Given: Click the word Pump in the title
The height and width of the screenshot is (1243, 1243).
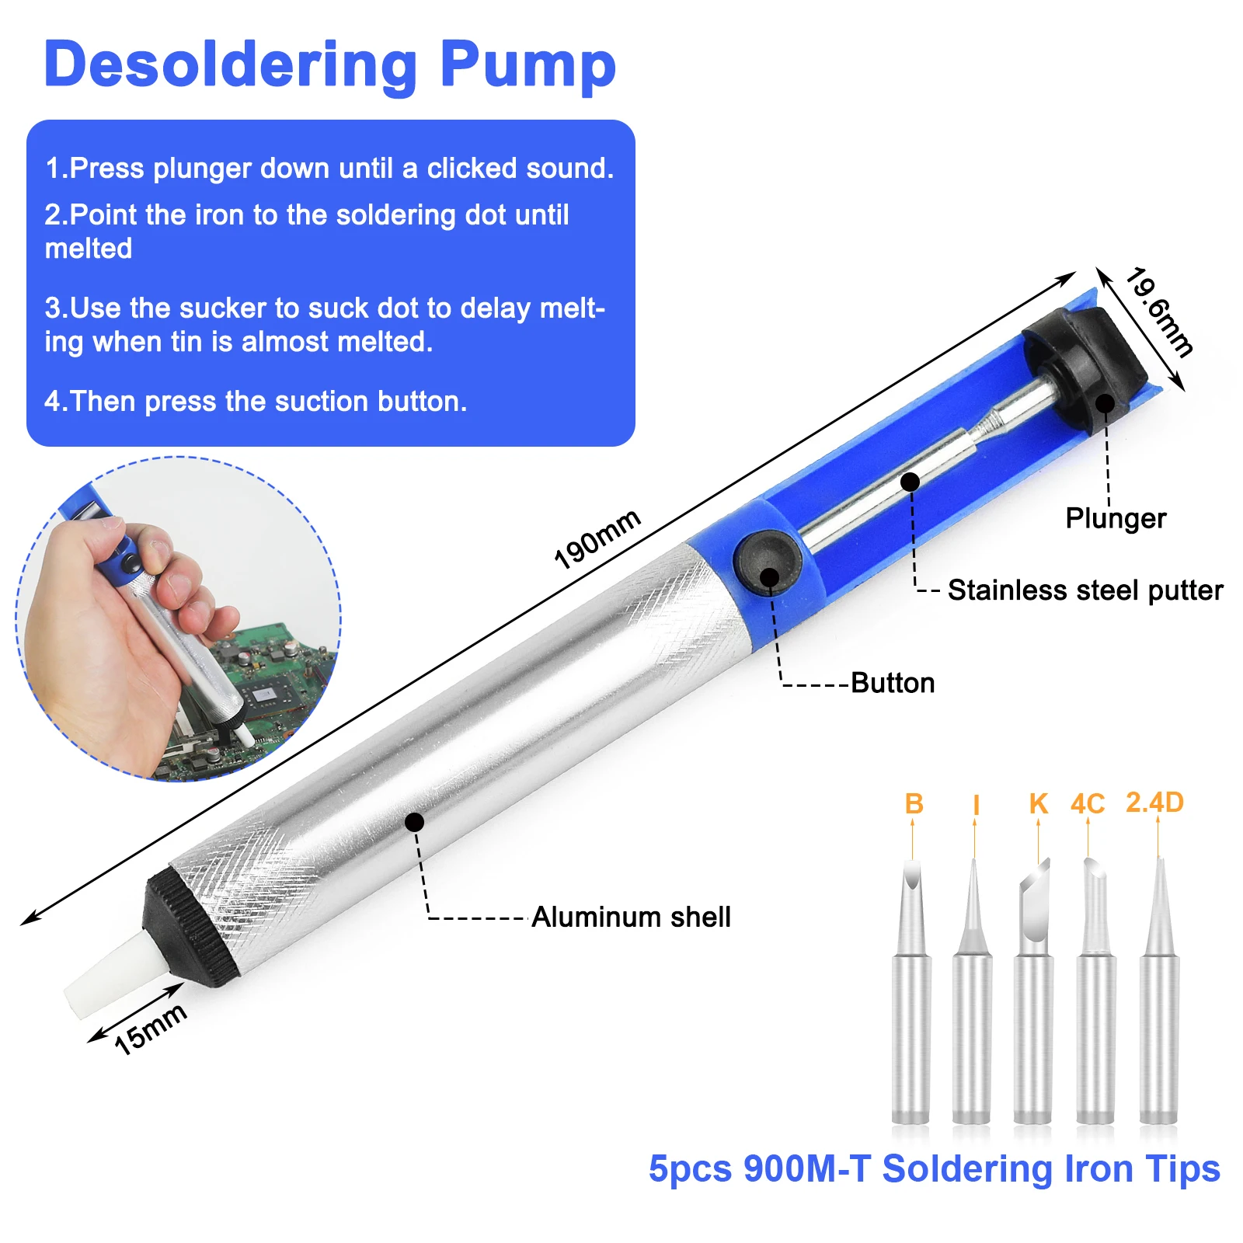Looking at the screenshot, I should pos(527,66).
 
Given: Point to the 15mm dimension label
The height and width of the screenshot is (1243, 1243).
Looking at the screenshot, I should pos(150,1029).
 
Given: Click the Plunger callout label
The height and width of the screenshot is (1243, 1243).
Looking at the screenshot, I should pos(1115,518).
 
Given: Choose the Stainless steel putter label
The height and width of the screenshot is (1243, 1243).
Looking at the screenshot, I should pos(1085,590).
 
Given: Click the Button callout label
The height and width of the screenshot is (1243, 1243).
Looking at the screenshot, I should pos(893,683).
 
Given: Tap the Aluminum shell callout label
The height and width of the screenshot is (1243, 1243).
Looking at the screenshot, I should pos(631,917).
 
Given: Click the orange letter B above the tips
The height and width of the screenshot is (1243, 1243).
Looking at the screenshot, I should pos(914,804).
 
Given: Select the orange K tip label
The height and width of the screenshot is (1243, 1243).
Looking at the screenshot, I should pos(1038,804).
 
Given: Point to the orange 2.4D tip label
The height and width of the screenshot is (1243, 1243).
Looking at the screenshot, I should pos(1154,803).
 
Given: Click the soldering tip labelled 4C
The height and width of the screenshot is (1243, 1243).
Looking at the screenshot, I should pos(1095,1010).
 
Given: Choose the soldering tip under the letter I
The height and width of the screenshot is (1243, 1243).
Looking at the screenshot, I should pos(972,1010).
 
